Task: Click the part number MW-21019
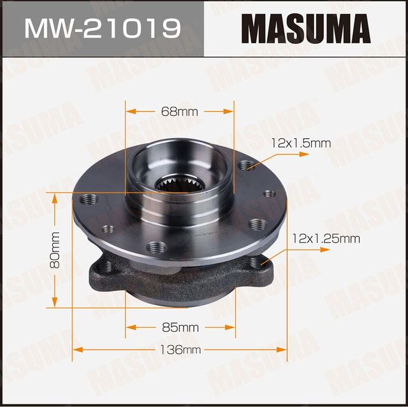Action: click(101, 29)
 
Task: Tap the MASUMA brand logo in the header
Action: click(305, 29)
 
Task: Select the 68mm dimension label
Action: click(179, 111)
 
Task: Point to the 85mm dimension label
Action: click(180, 328)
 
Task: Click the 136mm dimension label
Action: click(180, 350)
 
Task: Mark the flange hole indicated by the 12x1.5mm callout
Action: click(247, 166)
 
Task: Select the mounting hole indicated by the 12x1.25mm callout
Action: click(256, 262)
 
